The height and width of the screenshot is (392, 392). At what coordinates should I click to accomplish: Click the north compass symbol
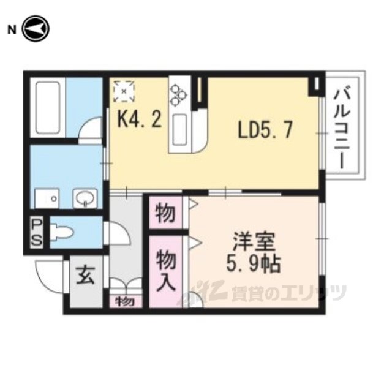(36, 29)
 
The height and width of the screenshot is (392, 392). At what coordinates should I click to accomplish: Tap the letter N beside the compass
(12, 30)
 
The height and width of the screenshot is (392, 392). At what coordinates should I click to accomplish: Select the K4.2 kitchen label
(140, 119)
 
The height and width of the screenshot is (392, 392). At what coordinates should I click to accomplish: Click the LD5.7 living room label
(265, 129)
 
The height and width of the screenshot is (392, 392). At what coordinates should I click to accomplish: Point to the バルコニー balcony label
(342, 127)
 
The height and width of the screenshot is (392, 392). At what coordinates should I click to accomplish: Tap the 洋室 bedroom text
(254, 242)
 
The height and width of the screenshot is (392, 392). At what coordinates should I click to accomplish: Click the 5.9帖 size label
(253, 264)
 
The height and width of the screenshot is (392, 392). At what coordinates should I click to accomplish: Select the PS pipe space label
(37, 232)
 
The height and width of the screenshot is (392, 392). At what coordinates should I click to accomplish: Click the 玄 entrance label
(86, 275)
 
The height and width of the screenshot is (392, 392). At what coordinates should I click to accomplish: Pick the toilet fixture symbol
(61, 233)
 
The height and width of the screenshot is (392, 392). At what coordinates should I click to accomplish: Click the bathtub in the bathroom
(48, 108)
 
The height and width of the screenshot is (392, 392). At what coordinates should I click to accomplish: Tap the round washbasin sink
(85, 198)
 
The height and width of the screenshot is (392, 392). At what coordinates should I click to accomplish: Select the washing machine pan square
(47, 198)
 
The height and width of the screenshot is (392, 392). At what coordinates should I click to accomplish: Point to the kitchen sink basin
(179, 130)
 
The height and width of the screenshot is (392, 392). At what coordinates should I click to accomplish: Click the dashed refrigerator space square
(124, 91)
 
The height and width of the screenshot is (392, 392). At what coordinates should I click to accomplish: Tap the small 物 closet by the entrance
(125, 302)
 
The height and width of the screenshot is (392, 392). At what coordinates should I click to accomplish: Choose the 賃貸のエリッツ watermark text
(289, 293)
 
